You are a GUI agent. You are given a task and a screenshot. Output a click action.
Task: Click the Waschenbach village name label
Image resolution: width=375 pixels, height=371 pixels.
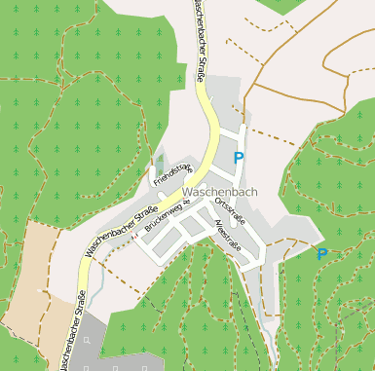pyautogui.click(x=219, y=192)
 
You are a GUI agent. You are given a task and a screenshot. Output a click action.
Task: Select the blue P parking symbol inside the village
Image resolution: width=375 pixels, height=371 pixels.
pyautogui.click(x=239, y=157)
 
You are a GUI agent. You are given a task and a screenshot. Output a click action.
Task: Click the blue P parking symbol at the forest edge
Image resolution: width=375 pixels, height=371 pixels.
pyautogui.click(x=321, y=254)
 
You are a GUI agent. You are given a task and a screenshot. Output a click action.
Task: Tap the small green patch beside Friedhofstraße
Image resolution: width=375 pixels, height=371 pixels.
pyautogui.click(x=160, y=161)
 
